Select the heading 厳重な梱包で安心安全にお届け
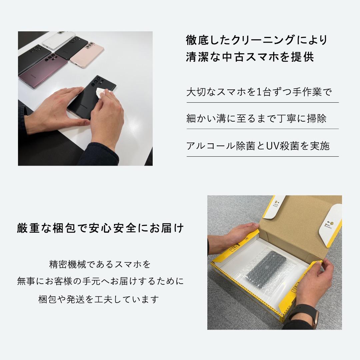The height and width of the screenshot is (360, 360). pos(100,229)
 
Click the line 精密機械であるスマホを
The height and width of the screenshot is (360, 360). pos(100,265)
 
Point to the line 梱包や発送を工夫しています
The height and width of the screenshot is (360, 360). pos(98,299)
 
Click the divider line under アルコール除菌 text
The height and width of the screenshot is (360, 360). pos(262,156)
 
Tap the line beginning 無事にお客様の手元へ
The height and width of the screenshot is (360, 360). pos(100,282)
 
